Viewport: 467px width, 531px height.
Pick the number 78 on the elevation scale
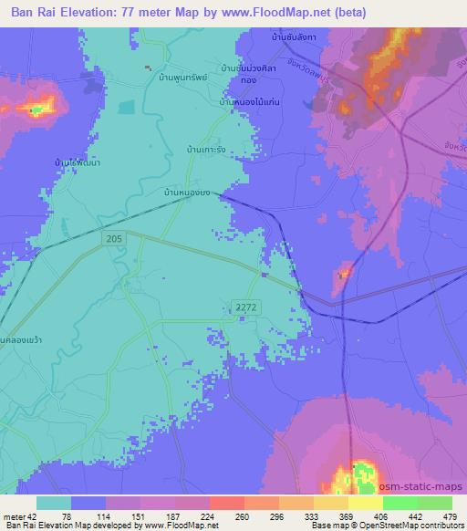pos(71,515)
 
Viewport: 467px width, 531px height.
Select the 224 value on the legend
pos(209,515)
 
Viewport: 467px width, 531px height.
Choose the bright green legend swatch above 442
pos(400,503)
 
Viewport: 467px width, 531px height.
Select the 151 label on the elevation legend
pos(140,515)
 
